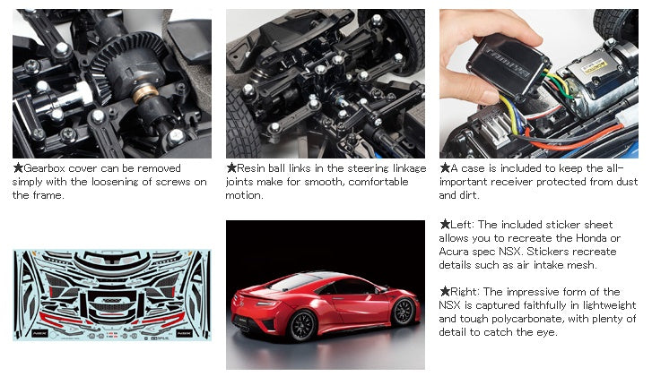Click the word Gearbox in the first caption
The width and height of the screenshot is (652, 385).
click(45, 168)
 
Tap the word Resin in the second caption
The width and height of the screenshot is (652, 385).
click(251, 168)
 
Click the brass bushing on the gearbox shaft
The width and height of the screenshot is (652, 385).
click(145, 93)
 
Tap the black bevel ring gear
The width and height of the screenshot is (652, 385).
click(125, 63)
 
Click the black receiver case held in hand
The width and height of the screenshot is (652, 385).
click(509, 66)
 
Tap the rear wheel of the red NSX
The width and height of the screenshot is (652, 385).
click(303, 326)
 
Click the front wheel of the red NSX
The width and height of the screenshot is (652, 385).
click(403, 312)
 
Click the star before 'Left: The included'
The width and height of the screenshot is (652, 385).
click(445, 225)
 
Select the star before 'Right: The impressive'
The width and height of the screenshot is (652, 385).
click(445, 292)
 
